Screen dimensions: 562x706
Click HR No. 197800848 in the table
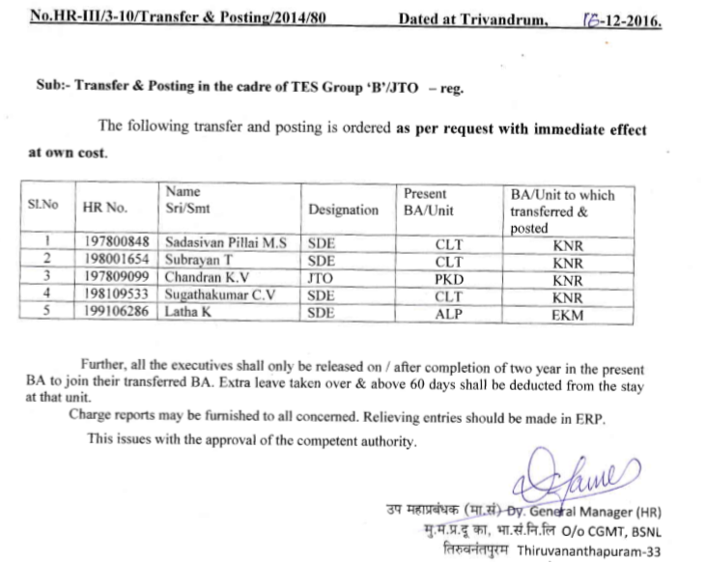[119, 244]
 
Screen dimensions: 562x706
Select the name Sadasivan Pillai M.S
[225, 244]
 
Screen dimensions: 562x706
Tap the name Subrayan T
[201, 261]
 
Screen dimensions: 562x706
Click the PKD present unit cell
[449, 278]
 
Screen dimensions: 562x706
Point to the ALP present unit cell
[449, 313]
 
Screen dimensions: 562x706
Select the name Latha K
[188, 313]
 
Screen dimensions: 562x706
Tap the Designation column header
[343, 210]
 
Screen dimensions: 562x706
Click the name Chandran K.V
[203, 278]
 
